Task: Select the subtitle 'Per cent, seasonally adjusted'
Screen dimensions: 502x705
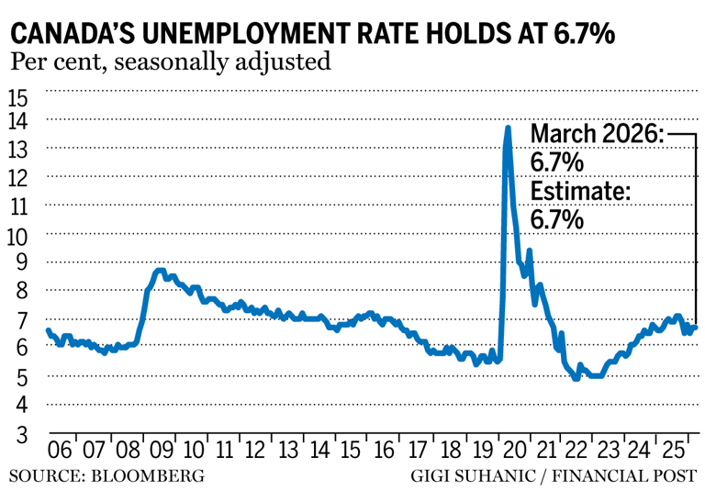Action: [x=170, y=63]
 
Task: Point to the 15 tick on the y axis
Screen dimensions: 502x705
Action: [x=18, y=97]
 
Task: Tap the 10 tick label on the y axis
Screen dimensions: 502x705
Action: [x=18, y=235]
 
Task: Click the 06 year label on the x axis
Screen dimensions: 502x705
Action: [x=62, y=451]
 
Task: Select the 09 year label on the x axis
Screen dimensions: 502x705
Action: [x=160, y=451]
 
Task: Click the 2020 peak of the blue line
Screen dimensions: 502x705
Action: [x=508, y=128]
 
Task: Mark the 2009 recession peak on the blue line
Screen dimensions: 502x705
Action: [x=160, y=271]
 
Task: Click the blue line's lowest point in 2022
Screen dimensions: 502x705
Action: [x=576, y=377]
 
